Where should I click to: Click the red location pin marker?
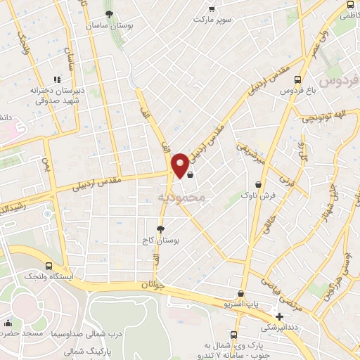(181, 165)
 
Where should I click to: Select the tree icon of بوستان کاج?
(161, 229)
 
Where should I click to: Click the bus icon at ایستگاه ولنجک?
(49, 266)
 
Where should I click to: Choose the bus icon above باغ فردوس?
(300, 79)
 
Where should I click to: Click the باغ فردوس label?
(295, 91)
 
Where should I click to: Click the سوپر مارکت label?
(214, 19)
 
